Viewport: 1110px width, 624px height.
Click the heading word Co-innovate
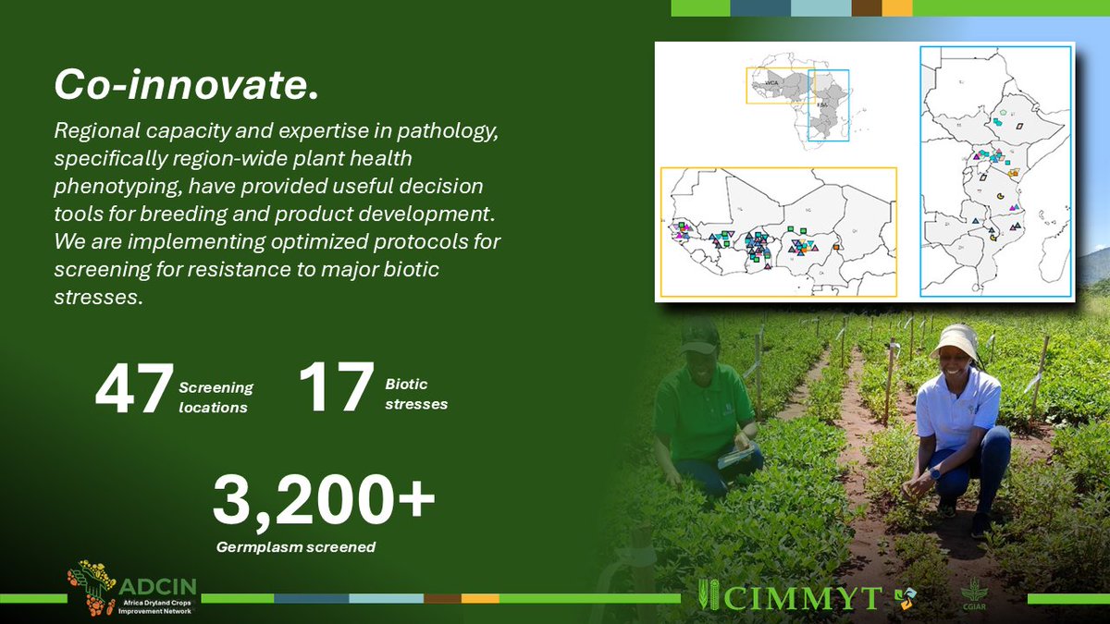pyautogui.click(x=186, y=85)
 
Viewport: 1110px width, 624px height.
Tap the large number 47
pyautogui.click(x=134, y=387)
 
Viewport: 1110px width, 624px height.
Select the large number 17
pyautogui.click(x=335, y=387)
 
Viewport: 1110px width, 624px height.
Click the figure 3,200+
pyautogui.click(x=323, y=500)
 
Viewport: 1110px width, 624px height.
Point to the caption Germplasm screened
pyautogui.click(x=296, y=547)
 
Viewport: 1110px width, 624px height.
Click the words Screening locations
pyautogui.click(x=216, y=398)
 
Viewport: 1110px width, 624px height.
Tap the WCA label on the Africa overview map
pyautogui.click(x=771, y=83)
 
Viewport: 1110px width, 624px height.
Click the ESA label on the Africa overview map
pyautogui.click(x=822, y=105)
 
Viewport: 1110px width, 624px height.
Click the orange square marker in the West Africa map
pyautogui.click(x=835, y=247)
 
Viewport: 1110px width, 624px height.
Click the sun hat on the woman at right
pyautogui.click(x=956, y=343)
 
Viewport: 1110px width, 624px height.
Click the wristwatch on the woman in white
pyautogui.click(x=935, y=473)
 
